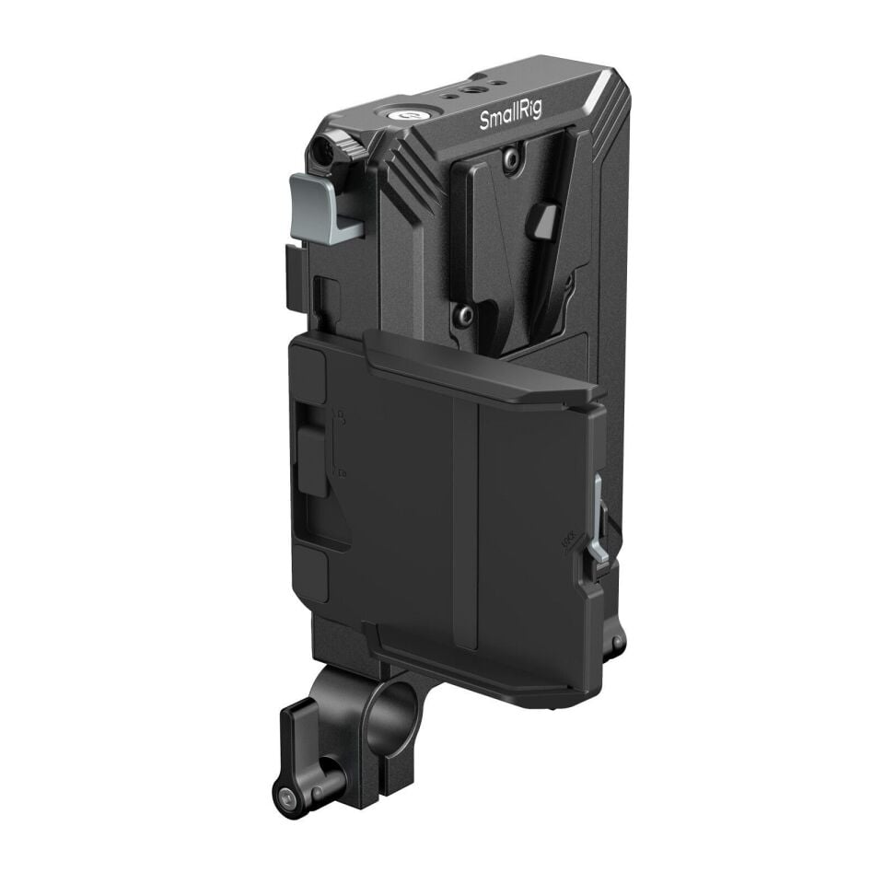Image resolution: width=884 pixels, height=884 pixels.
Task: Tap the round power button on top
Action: (x=405, y=115)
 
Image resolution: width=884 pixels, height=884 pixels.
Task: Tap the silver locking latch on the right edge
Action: (x=599, y=520)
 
